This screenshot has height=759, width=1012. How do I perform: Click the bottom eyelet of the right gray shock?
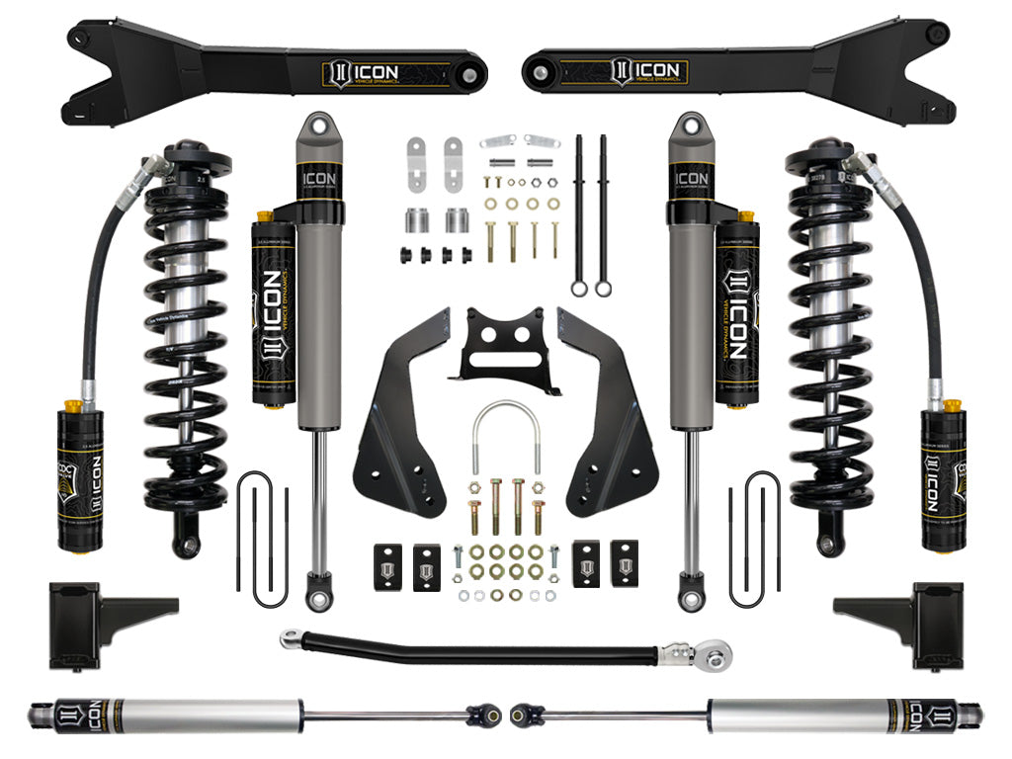click(690, 593)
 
